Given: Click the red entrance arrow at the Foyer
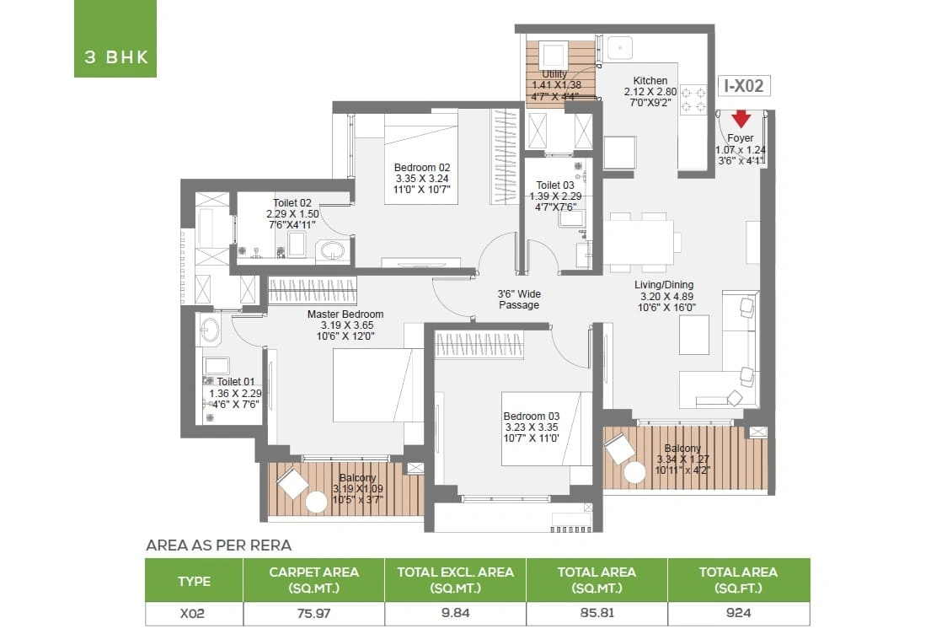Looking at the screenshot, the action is coord(741,119).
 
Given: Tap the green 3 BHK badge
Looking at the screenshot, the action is coord(115,39).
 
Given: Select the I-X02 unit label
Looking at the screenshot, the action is coord(744,86).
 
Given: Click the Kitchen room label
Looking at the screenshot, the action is coord(650,80).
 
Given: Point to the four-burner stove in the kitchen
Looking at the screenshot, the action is coord(693,99).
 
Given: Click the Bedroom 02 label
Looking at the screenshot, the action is coord(421,168).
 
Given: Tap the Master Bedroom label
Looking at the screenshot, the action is coord(345,314).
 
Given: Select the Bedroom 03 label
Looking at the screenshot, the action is coord(532,416).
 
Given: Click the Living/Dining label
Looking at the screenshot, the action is coord(664,285).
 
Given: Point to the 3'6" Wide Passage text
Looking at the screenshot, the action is coord(519,299).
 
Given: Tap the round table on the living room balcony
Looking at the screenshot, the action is coord(634,473).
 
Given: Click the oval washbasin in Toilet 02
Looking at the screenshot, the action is coord(332,250).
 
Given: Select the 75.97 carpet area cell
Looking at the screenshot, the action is coord(314,613).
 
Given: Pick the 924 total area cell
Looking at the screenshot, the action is coord(738,613).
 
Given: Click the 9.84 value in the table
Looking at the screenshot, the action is coord(455,613).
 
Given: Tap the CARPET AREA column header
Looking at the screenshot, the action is coord(314,579).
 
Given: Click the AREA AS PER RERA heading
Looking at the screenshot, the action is coord(218,545).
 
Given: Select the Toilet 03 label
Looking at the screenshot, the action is coord(555,185).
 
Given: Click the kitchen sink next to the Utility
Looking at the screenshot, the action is coord(619,48).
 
